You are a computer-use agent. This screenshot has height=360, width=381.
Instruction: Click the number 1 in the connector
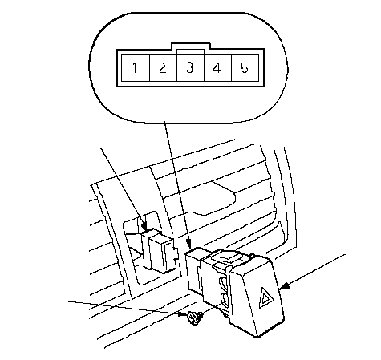tap(135, 68)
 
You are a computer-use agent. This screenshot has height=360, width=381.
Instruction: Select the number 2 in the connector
tap(162, 68)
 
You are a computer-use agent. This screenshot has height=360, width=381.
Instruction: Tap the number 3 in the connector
tap(189, 68)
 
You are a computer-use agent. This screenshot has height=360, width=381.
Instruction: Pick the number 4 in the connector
tap(217, 68)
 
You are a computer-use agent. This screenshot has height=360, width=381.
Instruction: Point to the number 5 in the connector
tap(245, 68)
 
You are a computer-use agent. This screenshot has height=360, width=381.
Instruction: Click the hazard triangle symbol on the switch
tap(265, 298)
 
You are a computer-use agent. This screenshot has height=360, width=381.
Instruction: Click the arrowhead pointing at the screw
tap(183, 314)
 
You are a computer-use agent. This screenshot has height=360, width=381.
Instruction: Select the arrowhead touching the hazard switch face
tap(284, 285)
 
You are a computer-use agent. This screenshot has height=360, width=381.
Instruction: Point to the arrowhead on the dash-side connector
tap(145, 227)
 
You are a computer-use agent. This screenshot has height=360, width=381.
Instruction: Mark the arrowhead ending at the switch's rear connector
tap(188, 244)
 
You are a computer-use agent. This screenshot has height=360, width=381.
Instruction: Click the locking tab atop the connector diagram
tap(190, 46)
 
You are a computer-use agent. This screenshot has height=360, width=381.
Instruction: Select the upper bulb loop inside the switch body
tap(223, 283)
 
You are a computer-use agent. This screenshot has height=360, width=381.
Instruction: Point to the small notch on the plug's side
tap(176, 253)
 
